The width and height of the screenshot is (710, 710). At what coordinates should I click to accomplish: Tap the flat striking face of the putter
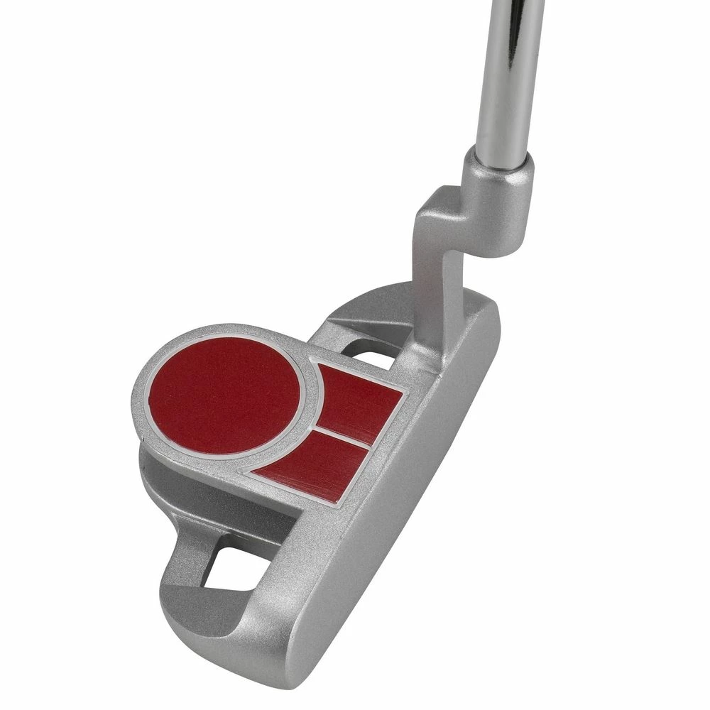pos(398,540)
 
